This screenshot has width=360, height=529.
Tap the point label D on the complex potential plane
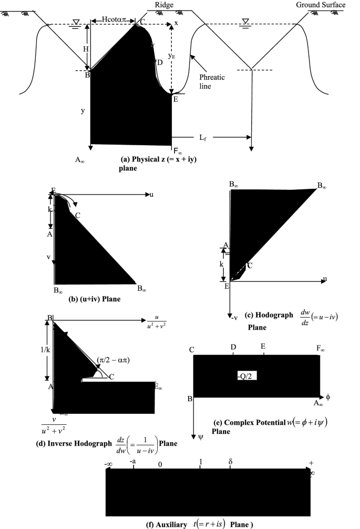[x=233, y=348]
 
